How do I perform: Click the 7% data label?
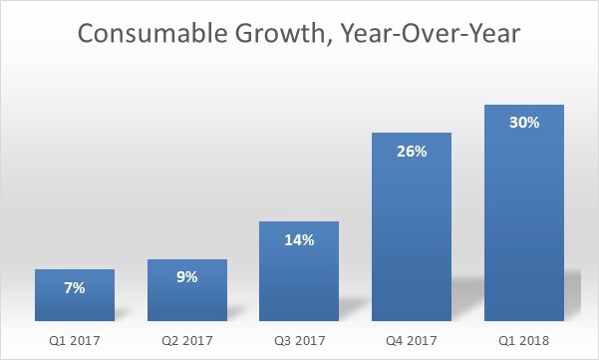pos(74,288)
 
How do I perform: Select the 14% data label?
pos(299,240)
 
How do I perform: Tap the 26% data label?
pos(412,152)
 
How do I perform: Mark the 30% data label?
pos(524,124)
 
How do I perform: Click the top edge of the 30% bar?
pos(524,105)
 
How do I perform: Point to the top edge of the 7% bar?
pos(74,269)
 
